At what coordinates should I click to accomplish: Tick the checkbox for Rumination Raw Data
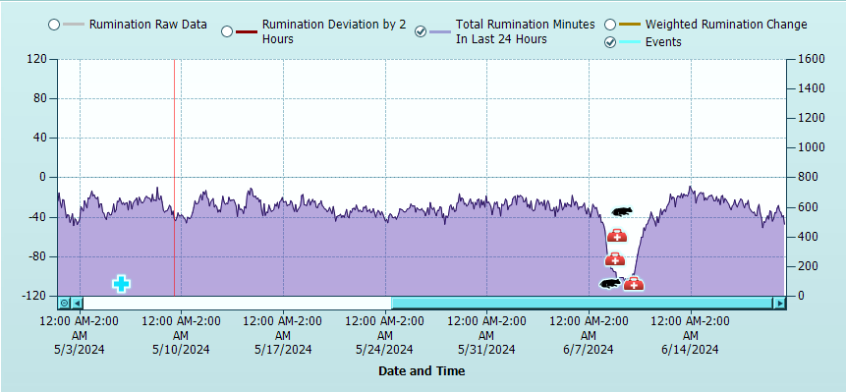(54, 25)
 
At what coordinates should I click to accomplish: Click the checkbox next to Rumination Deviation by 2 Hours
(227, 31)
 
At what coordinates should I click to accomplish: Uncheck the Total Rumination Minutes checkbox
(422, 31)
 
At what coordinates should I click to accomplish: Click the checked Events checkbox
(610, 42)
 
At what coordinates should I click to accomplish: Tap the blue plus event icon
(121, 284)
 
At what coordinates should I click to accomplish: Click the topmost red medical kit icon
(617, 236)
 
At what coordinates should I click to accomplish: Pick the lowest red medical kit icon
(634, 284)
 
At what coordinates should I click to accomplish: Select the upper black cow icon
(621, 211)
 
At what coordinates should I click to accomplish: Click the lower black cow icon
(610, 284)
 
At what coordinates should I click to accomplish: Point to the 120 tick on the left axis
(37, 59)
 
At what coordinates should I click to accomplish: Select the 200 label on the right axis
(805, 266)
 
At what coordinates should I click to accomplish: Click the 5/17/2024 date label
(283, 349)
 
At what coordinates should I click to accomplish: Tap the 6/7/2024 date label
(589, 349)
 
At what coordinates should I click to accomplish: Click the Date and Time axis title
(422, 371)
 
